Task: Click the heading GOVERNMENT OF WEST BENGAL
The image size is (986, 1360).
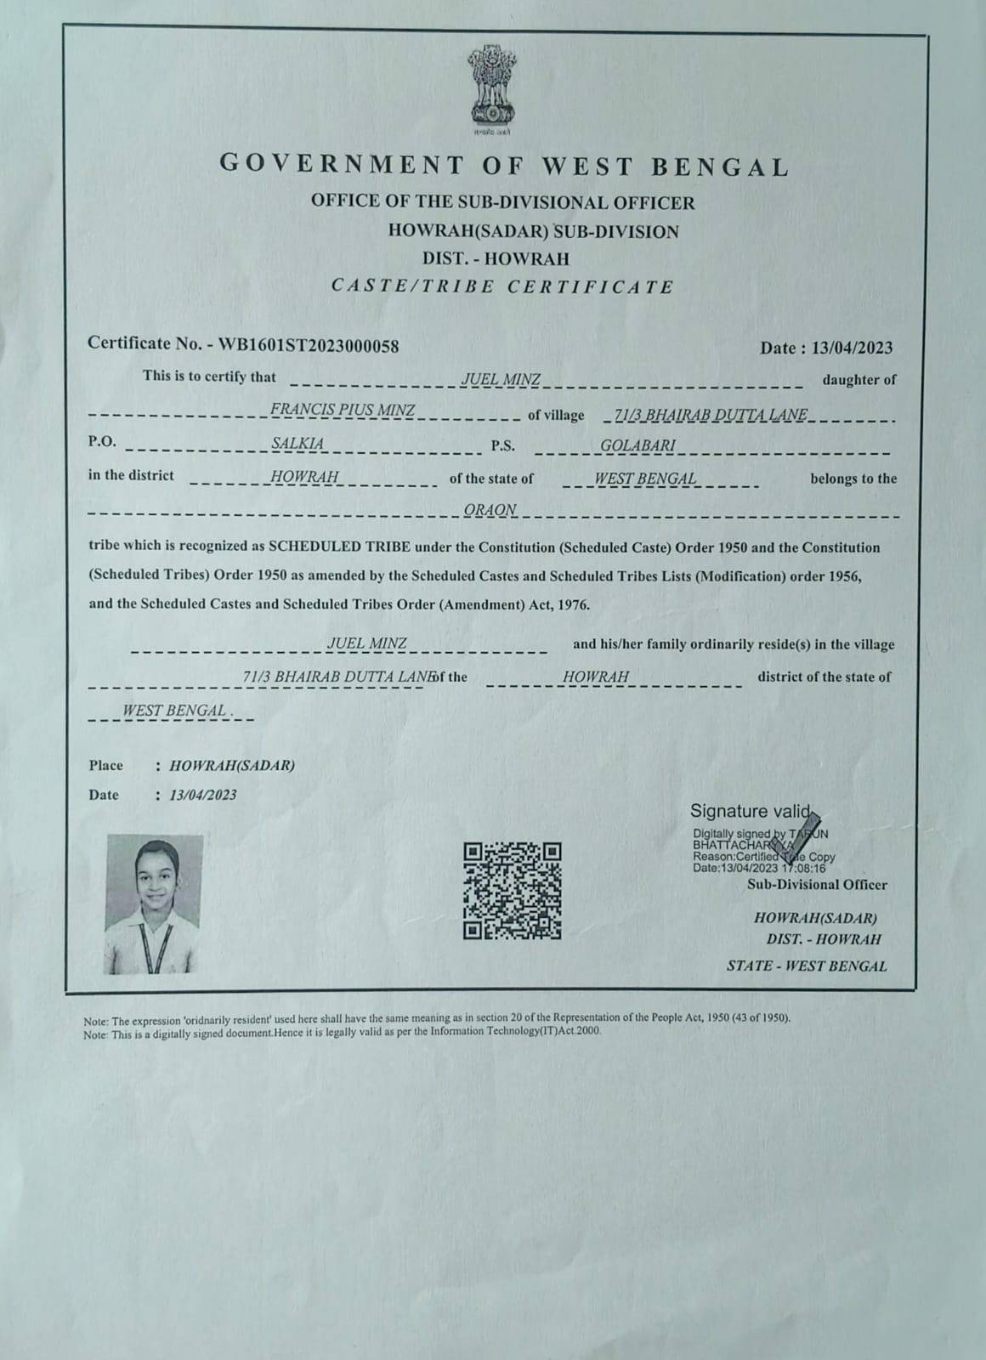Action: pyautogui.click(x=504, y=165)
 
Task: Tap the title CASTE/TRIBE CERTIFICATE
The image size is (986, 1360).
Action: pyautogui.click(x=502, y=286)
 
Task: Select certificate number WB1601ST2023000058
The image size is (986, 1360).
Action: pyautogui.click(x=309, y=344)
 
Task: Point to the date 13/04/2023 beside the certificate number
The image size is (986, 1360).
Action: pyautogui.click(x=852, y=347)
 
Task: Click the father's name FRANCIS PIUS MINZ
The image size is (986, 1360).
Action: pyautogui.click(x=343, y=411)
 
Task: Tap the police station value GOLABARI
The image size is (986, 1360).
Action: pyautogui.click(x=637, y=445)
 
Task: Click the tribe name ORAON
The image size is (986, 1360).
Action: pyautogui.click(x=490, y=510)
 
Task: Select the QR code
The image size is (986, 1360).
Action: pyautogui.click(x=513, y=890)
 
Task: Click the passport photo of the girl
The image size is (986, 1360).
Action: pyautogui.click(x=154, y=904)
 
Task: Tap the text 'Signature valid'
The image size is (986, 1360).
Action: pyautogui.click(x=751, y=811)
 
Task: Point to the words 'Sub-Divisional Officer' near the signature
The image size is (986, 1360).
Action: pyautogui.click(x=817, y=885)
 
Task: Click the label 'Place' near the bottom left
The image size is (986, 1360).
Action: pyautogui.click(x=106, y=765)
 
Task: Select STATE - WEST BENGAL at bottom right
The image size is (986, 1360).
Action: pyautogui.click(x=806, y=966)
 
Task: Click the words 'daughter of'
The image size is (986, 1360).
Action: pyautogui.click(x=858, y=380)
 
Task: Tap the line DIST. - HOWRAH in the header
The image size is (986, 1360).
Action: pyautogui.click(x=495, y=258)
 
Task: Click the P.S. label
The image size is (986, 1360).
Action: pyautogui.click(x=502, y=445)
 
